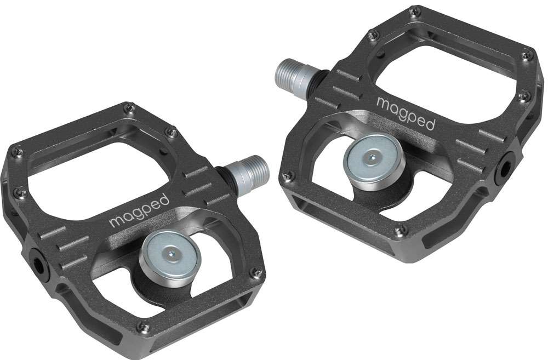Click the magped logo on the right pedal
click(x=406, y=113)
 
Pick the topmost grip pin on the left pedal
click(x=129, y=108)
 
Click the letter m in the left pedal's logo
click(x=116, y=222)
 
